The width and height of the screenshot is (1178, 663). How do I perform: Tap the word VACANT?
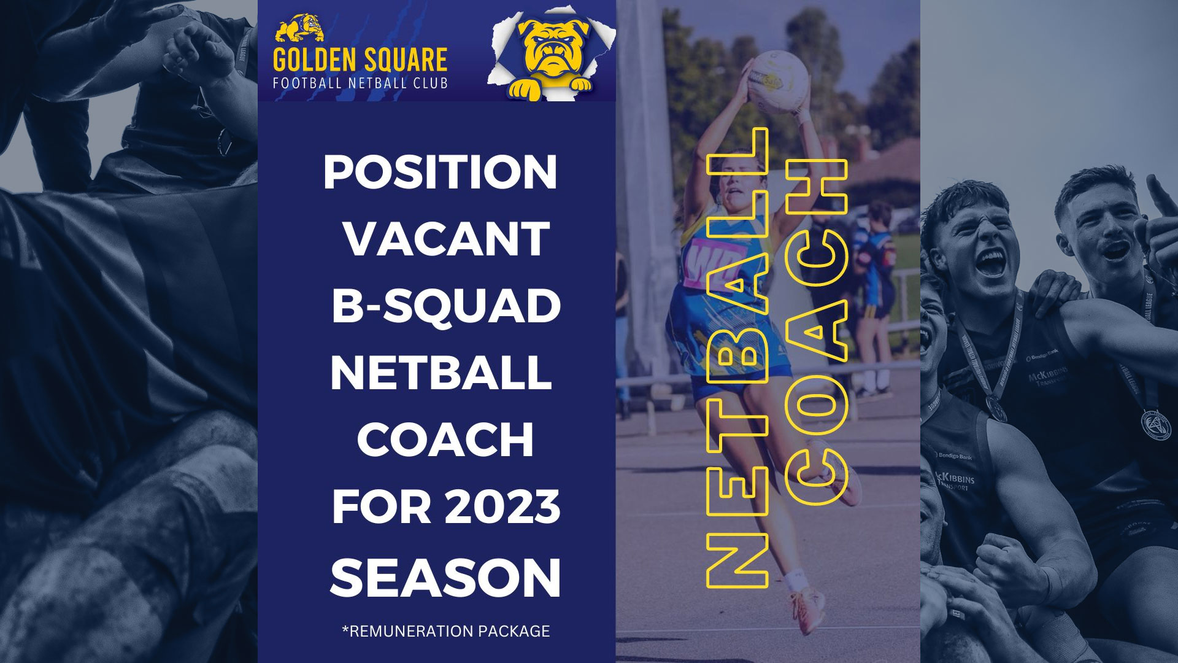pyautogui.click(x=446, y=239)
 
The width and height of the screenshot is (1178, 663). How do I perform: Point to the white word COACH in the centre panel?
pyautogui.click(x=445, y=440)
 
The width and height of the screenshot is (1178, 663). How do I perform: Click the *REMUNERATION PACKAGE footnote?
pyautogui.click(x=445, y=631)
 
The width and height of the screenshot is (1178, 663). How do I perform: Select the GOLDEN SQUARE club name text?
pyautogui.click(x=360, y=60)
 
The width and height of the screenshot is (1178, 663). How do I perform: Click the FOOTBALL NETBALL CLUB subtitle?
pyautogui.click(x=360, y=82)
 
